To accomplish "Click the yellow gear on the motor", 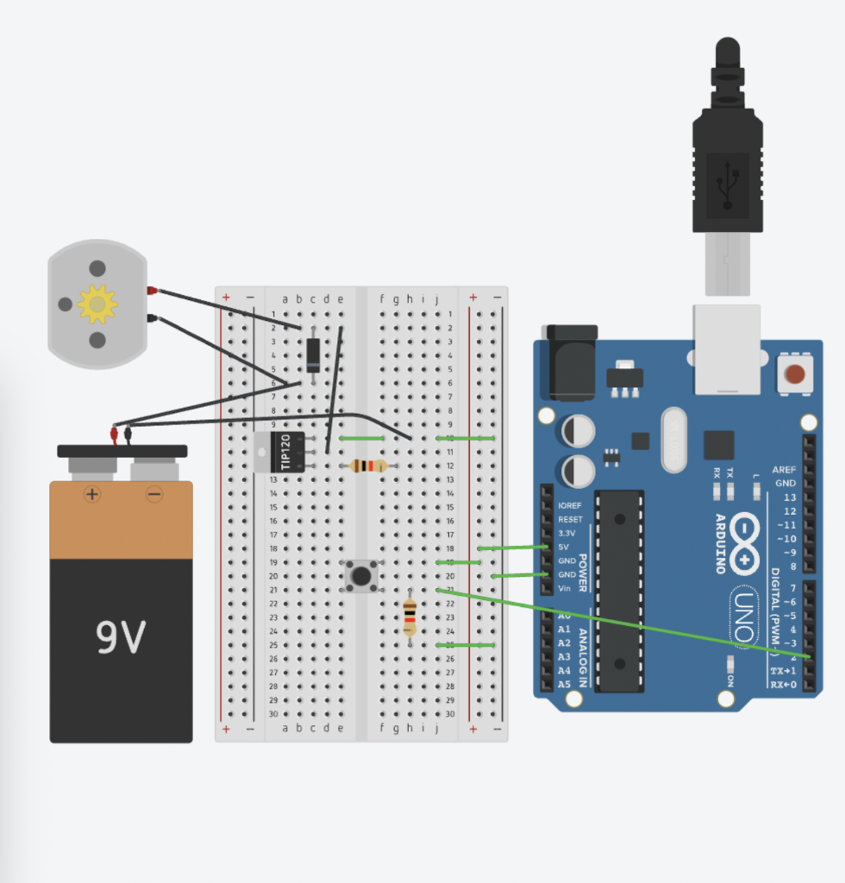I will [x=97, y=304].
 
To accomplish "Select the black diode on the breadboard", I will [x=313, y=354].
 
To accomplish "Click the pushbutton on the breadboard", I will [x=361, y=575].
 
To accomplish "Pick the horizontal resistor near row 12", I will [x=369, y=466].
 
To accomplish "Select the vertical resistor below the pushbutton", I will [x=410, y=617].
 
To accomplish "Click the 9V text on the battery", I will [x=120, y=637].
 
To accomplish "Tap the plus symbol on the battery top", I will [x=91, y=494].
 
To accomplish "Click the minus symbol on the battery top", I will [x=153, y=494].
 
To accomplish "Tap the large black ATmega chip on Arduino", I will [x=619, y=591].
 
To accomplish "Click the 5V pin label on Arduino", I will [x=564, y=547].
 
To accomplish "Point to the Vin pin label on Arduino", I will [x=565, y=588].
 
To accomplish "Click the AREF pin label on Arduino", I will [x=785, y=469].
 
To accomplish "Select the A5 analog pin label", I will [x=564, y=684].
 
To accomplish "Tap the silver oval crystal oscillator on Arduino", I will [x=673, y=440].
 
